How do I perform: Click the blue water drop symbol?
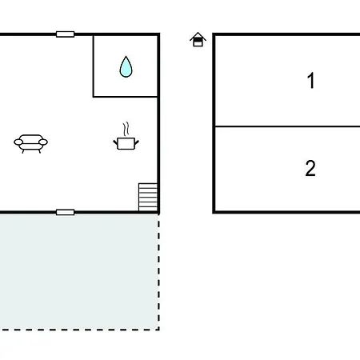pos(126,67)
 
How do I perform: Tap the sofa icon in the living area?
pos(30,143)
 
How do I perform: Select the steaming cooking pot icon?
pos(126,136)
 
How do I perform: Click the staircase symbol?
pos(148,197)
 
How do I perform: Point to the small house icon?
pos(198,39)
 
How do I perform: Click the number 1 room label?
pos(311,80)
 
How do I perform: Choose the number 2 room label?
pos(310,168)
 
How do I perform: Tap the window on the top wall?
pos(66,34)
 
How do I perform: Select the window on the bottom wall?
pos(66,212)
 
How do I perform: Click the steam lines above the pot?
pos(126,129)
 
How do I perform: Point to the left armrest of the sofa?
pos(18,142)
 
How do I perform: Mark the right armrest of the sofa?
pos(43,142)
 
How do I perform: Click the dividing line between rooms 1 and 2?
pos(288,126)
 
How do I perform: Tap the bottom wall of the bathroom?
pos(126,97)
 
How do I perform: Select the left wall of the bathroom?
pos(94,66)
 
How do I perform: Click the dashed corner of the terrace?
pos(158,330)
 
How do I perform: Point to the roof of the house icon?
pos(198,36)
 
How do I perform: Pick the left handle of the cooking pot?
pos(115,142)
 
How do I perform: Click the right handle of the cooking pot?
pos(137,142)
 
